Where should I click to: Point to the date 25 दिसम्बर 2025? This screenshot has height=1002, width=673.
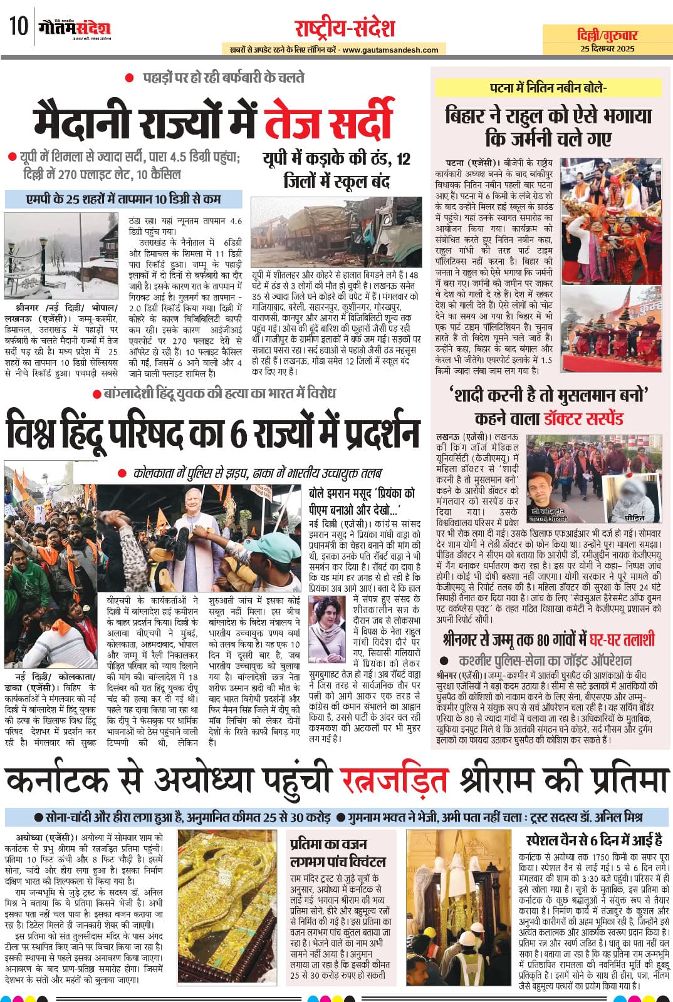pyautogui.click(x=607, y=49)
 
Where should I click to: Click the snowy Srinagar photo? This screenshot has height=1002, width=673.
pyautogui.click(x=61, y=257)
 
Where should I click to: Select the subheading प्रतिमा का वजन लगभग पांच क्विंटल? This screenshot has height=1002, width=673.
pyautogui.click(x=338, y=853)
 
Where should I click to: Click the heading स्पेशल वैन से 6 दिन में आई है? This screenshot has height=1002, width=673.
pyautogui.click(x=594, y=840)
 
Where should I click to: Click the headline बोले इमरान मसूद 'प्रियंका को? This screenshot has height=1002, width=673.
pyautogui.click(x=362, y=493)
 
